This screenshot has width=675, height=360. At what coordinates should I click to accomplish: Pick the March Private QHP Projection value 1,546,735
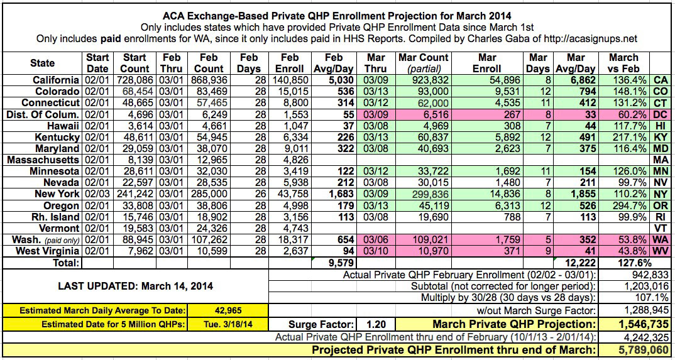(634, 325)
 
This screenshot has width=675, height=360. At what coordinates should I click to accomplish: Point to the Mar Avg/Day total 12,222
(573, 263)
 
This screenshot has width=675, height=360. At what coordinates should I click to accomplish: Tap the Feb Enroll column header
(290, 63)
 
